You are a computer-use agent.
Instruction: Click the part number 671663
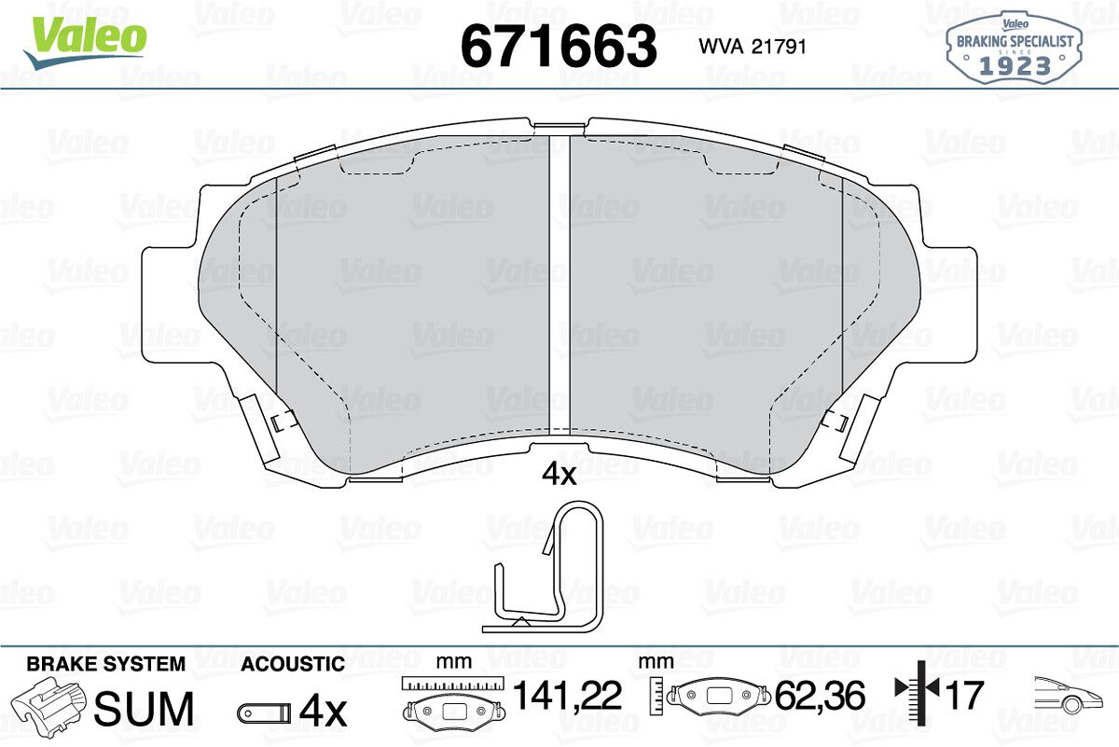click(559, 46)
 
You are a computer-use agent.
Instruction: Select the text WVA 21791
click(753, 47)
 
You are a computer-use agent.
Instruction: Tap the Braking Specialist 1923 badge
click(1015, 48)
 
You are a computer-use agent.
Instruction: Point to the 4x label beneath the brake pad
click(559, 474)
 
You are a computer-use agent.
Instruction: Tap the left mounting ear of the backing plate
click(171, 304)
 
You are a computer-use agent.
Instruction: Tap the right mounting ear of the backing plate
click(948, 304)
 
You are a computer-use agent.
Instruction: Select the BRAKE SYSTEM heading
click(106, 664)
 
